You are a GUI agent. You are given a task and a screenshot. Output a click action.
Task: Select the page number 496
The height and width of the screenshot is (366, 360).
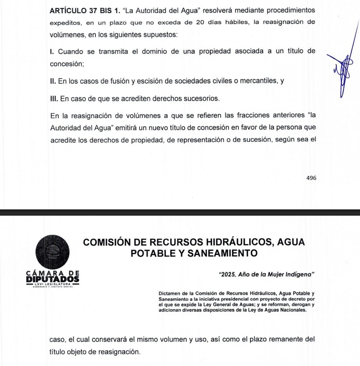311,178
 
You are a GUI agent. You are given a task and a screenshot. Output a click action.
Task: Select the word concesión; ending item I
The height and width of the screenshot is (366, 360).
67,64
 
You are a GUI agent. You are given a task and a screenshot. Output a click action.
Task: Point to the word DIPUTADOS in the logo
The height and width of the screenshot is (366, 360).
53,279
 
